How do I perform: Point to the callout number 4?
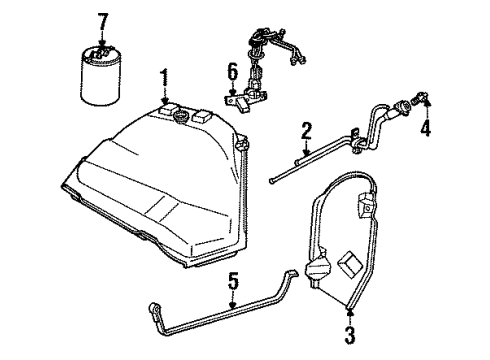[x=426, y=128]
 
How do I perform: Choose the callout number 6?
[x=232, y=72]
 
